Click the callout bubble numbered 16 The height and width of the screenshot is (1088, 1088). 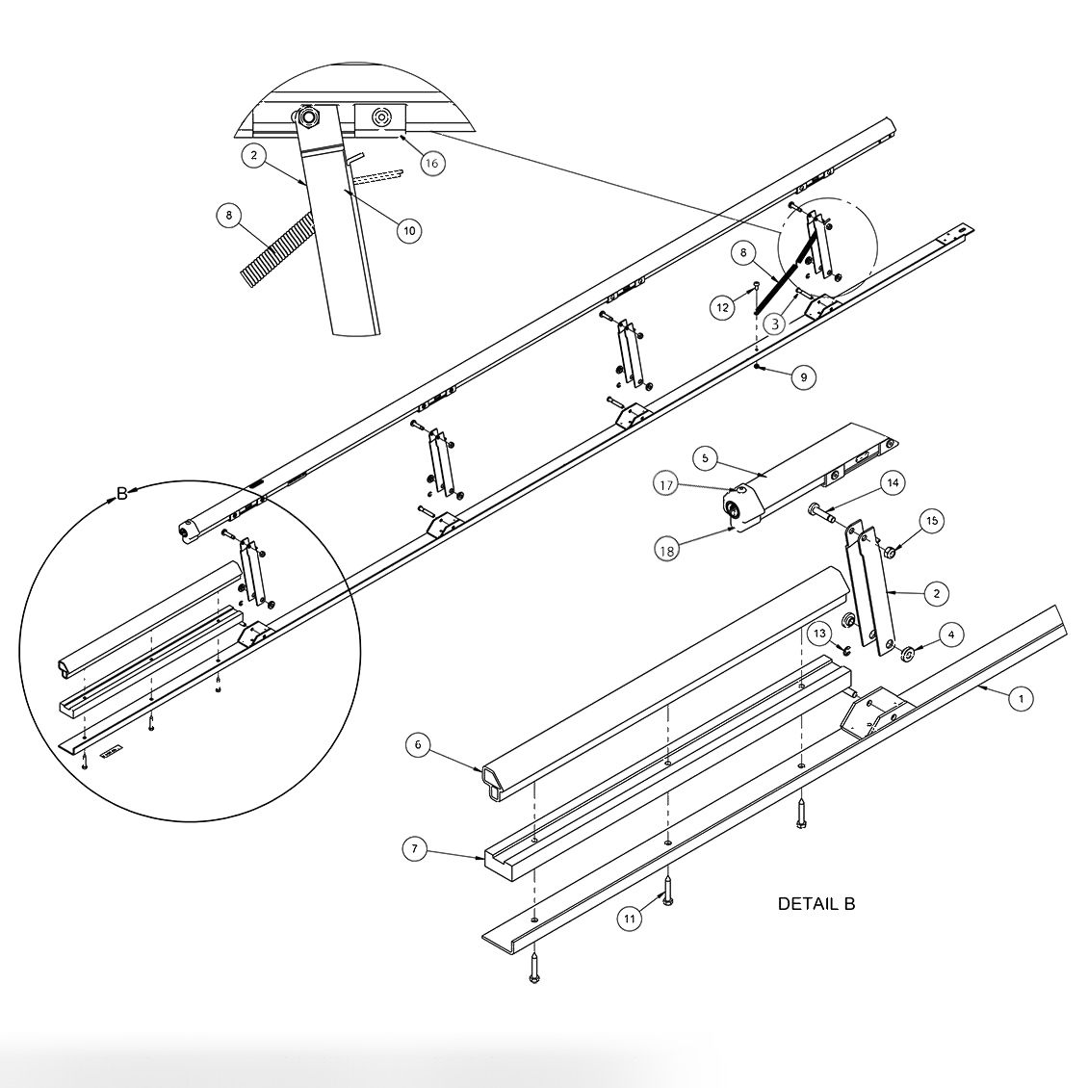pos(430,163)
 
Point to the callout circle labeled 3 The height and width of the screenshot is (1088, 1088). pos(775,324)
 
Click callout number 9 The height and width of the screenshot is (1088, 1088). pos(803,377)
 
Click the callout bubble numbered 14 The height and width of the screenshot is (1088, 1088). pos(893,482)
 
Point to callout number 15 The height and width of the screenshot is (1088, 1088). pos(931,521)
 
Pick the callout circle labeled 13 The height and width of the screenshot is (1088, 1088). pos(819,633)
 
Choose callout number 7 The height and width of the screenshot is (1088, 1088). pos(415,848)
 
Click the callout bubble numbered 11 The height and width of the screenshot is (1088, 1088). pos(629,919)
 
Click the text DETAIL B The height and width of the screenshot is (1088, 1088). pos(816,904)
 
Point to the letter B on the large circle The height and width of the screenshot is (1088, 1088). pos(122,494)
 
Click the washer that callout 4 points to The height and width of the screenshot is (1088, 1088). pos(907,655)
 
